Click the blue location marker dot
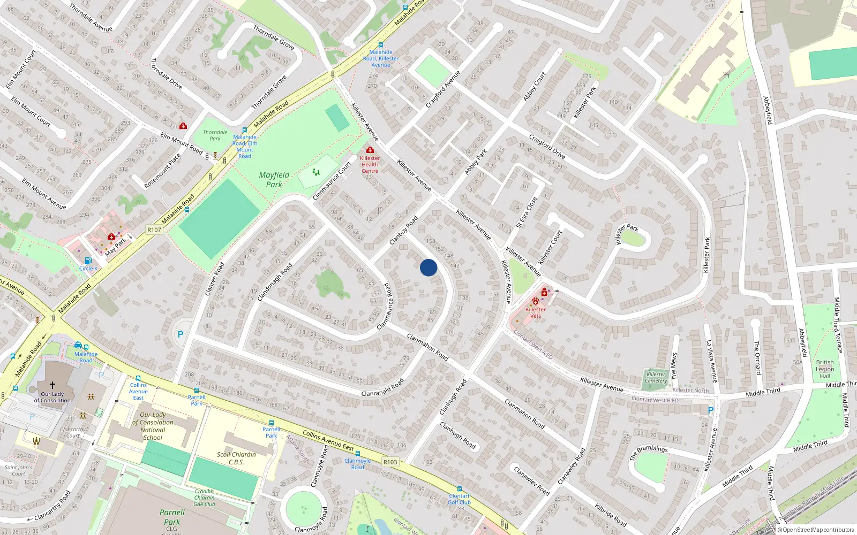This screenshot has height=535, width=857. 428,267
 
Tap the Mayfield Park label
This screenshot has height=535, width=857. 274,180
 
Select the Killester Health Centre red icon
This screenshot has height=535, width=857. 370,150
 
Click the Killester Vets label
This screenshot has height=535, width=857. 536,312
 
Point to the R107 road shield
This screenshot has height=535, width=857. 154,230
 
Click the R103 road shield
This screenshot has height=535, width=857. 390,462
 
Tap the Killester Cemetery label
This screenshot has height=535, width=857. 656,378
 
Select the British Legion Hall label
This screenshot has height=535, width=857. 825,369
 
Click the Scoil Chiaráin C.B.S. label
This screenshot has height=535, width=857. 236,458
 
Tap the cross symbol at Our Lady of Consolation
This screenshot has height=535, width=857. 52,385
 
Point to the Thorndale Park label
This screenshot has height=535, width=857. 215,135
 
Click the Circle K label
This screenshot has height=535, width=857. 88,269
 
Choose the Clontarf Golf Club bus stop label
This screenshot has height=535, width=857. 460,499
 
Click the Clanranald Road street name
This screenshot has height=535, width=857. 382,389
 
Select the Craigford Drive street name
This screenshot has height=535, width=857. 547,146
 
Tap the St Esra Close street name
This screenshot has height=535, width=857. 527,212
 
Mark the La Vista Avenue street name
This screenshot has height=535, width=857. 711,361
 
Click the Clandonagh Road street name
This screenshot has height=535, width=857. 275,282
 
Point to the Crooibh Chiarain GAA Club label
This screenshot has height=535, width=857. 204,498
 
